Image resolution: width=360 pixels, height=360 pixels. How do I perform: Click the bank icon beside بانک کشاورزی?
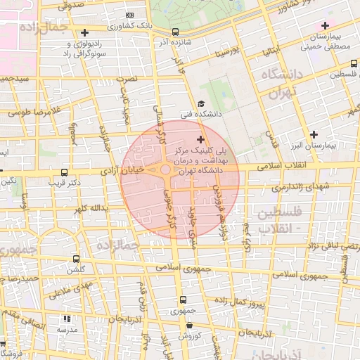tap(129, 15)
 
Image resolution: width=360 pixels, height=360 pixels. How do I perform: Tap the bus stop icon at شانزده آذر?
tap(175, 32)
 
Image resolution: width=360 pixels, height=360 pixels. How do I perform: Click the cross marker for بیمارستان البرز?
tap(314, 134)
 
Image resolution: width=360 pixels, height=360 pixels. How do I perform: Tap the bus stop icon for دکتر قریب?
tap(65, 172)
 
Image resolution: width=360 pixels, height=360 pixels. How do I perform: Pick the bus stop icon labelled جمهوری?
tap(182, 300)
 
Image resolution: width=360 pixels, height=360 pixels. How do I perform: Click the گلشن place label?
tap(75, 271)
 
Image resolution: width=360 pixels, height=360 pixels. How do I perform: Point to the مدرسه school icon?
tap(67, 319)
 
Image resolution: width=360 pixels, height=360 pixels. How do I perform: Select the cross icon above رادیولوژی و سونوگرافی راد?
tap(84, 32)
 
